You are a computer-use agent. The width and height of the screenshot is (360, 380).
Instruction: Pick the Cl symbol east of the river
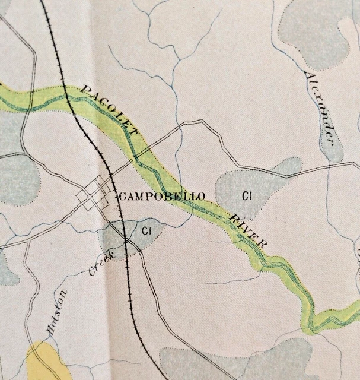245,194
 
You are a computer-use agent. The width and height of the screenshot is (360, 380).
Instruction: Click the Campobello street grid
95,197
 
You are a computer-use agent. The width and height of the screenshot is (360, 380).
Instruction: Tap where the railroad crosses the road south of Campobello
126,240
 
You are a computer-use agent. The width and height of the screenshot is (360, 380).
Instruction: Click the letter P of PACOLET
84,90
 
